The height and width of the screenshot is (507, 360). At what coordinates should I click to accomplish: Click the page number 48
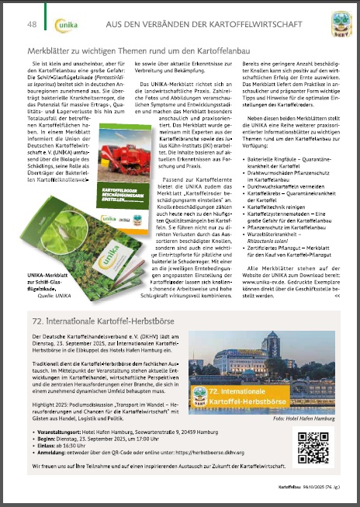click(x=32, y=25)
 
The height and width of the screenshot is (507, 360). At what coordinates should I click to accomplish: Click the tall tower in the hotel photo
click(x=272, y=350)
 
